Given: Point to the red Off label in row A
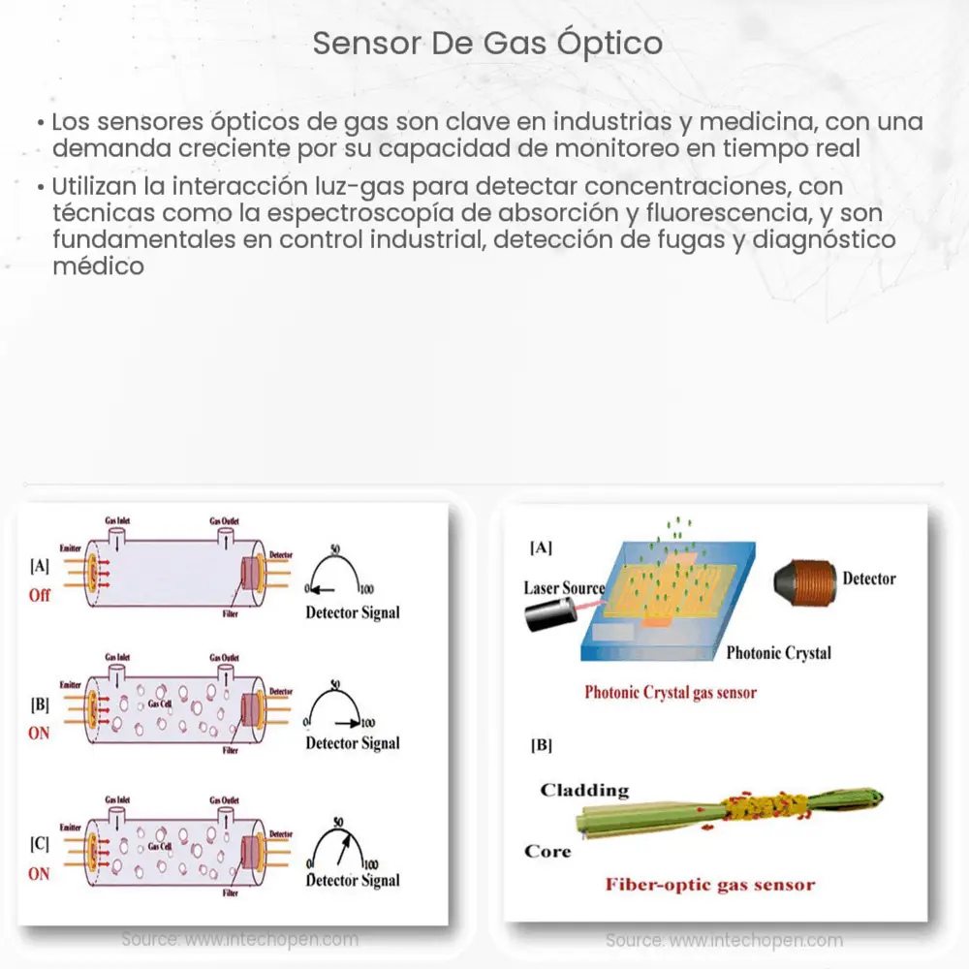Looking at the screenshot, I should (x=39, y=595).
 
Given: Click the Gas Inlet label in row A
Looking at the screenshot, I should (x=118, y=521).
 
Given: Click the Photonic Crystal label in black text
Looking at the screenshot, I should (x=778, y=653).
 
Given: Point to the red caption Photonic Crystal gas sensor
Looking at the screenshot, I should (x=670, y=692).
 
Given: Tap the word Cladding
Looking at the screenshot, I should (x=584, y=790).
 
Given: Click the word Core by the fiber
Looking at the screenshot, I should (x=547, y=851).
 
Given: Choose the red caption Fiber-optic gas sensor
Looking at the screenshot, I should (x=709, y=884).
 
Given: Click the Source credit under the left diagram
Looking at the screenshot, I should (x=239, y=939).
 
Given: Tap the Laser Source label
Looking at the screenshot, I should (x=564, y=588).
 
